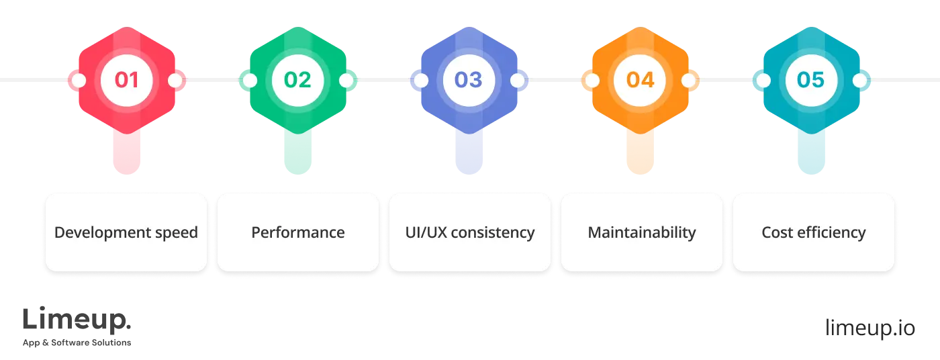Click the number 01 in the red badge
126,80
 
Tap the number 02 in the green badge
297,80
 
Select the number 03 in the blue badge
469,80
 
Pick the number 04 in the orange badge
640,80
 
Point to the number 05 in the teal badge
810,80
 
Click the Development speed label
126,233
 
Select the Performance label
297,233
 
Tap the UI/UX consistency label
470,233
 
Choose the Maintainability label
641,233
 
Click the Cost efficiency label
813,233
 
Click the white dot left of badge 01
79,81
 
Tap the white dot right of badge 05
859,81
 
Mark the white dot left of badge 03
421,81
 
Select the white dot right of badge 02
346,81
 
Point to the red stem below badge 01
126,151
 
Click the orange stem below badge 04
640,151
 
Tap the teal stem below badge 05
810,151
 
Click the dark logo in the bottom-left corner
77,327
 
